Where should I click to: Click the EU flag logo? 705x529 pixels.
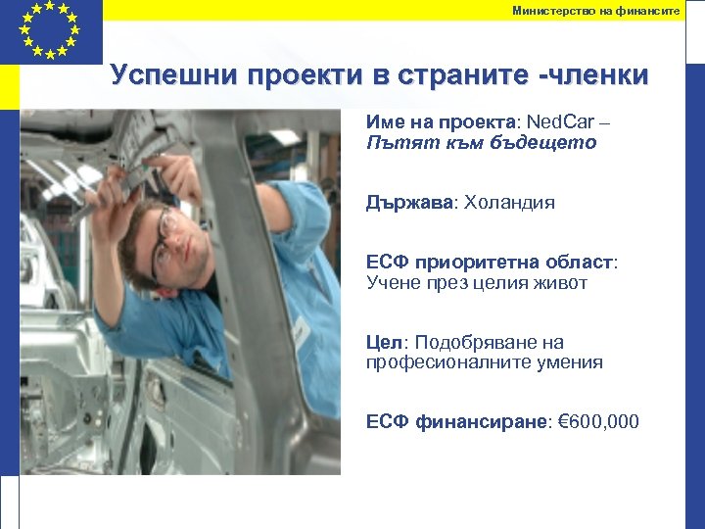50,29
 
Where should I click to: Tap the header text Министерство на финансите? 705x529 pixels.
595,10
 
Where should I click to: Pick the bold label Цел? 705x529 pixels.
385,343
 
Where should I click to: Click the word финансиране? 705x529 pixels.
483,422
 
